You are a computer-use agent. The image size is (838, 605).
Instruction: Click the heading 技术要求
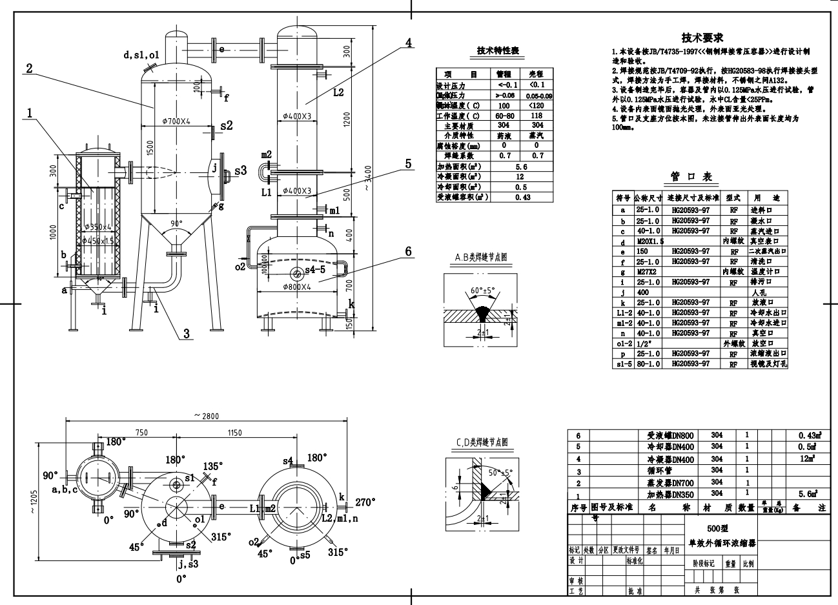tap(702, 38)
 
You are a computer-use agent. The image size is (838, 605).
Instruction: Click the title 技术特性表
tap(498, 51)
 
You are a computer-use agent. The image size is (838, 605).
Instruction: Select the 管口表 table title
tap(682, 176)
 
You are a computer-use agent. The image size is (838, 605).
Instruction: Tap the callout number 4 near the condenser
tap(408, 43)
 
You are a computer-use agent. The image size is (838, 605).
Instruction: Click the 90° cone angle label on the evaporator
tap(176, 223)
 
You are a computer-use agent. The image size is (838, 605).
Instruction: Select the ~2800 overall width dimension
tap(207, 415)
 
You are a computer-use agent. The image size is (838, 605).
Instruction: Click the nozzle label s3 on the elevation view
tap(240, 170)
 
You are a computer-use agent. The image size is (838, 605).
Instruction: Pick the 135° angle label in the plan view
tap(212, 466)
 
